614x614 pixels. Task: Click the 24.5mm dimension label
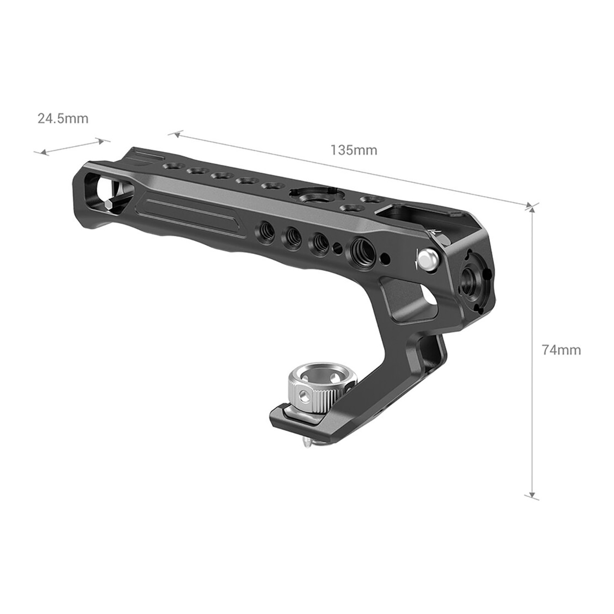(63, 118)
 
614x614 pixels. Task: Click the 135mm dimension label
(354, 150)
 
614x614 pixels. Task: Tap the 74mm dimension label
(561, 350)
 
